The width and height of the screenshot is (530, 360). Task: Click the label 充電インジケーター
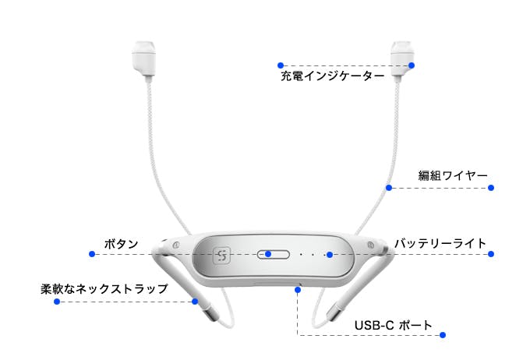(x=333, y=76)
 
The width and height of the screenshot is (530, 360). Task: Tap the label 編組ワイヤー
(x=453, y=175)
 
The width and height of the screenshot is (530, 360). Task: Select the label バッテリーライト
(x=440, y=243)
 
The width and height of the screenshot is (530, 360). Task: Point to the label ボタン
(x=121, y=244)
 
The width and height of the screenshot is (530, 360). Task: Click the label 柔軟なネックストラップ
(x=104, y=288)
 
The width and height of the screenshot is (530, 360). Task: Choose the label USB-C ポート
(x=394, y=325)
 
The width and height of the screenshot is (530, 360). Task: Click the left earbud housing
(x=144, y=60)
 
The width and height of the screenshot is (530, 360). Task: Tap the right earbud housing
(x=402, y=60)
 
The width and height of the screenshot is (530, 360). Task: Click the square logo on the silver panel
(x=221, y=256)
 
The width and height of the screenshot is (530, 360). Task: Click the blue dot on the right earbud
(x=412, y=65)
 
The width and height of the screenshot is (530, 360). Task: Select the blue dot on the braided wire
(x=389, y=188)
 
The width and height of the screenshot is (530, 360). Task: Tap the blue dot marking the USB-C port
(x=298, y=290)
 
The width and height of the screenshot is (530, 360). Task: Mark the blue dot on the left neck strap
(x=195, y=302)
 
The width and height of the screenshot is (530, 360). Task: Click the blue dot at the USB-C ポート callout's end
(x=443, y=335)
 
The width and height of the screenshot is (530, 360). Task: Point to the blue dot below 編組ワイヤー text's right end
(x=491, y=188)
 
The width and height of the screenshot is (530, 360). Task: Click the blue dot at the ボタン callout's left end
(x=92, y=254)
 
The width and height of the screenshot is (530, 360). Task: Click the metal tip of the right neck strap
(x=333, y=313)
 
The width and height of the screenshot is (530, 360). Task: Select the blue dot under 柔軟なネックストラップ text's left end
(x=57, y=302)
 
